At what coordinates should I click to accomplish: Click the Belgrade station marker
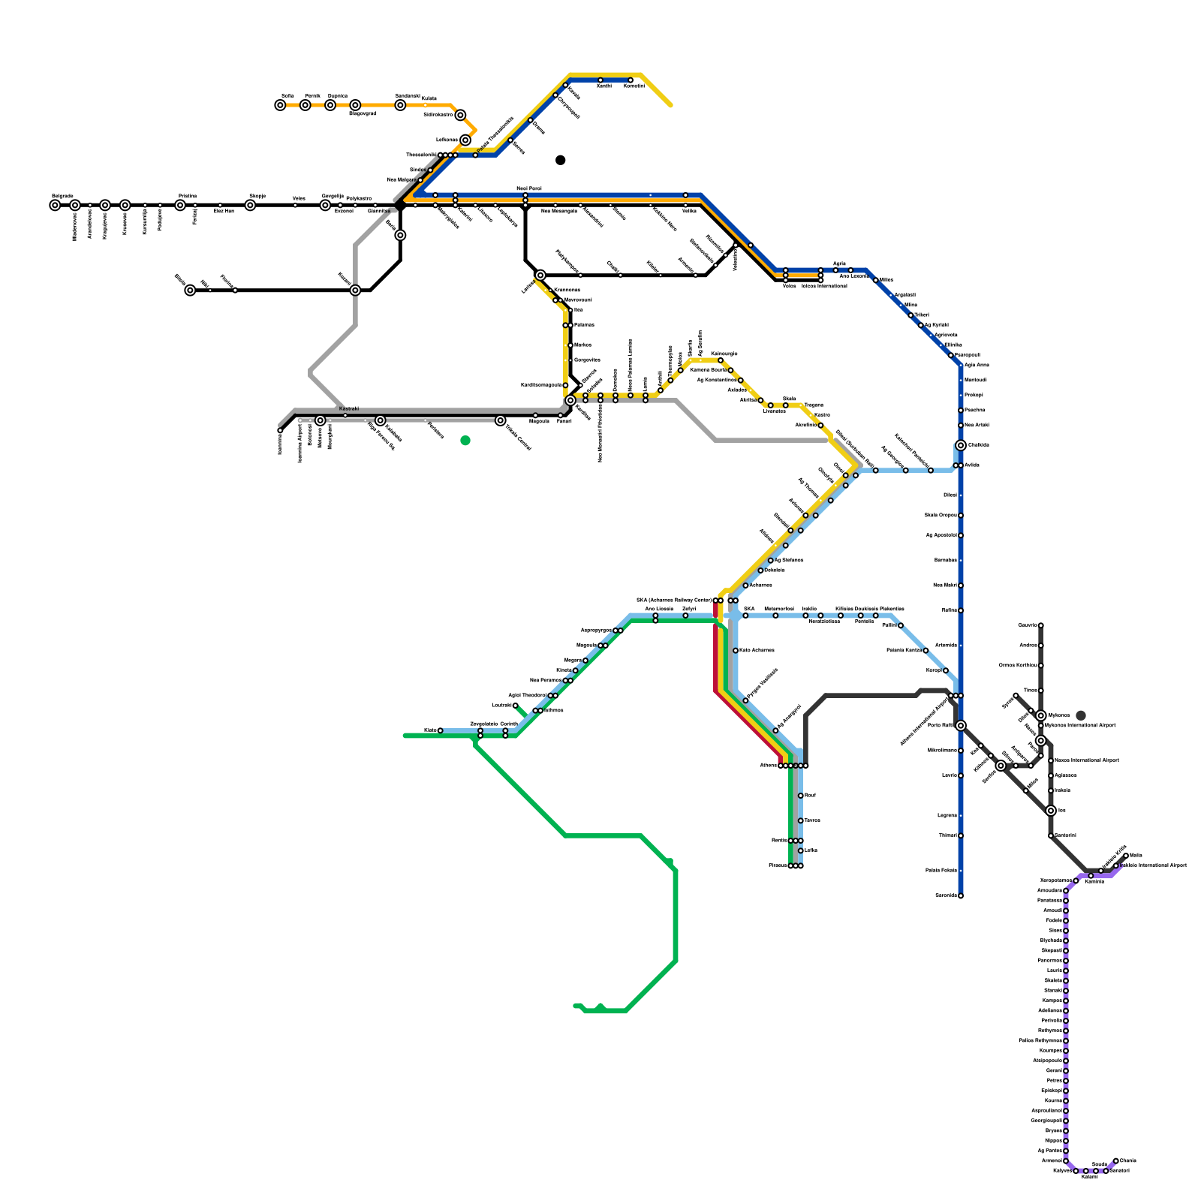tap(55, 205)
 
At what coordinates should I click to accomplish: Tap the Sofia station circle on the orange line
tap(280, 105)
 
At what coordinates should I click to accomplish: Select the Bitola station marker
tap(190, 290)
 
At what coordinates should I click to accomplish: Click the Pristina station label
tap(187, 196)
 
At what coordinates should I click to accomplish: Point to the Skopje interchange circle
tap(250, 205)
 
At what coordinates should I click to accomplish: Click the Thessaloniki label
tap(420, 155)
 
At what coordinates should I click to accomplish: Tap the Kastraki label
tap(349, 408)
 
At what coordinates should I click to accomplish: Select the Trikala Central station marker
tap(501, 420)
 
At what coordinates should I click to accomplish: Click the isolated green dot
tap(465, 441)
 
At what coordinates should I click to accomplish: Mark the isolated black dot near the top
tap(561, 160)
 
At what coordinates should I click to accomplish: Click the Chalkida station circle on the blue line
tap(961, 445)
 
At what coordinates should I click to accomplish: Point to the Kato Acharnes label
tap(757, 650)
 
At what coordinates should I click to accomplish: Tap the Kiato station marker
tap(440, 730)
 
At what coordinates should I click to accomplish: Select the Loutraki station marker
tap(516, 706)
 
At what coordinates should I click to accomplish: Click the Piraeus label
tap(778, 865)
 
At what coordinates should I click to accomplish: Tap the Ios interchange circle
tap(1051, 811)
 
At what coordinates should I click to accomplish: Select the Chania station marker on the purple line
tap(1116, 1160)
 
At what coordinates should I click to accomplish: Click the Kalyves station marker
tap(1076, 1171)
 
